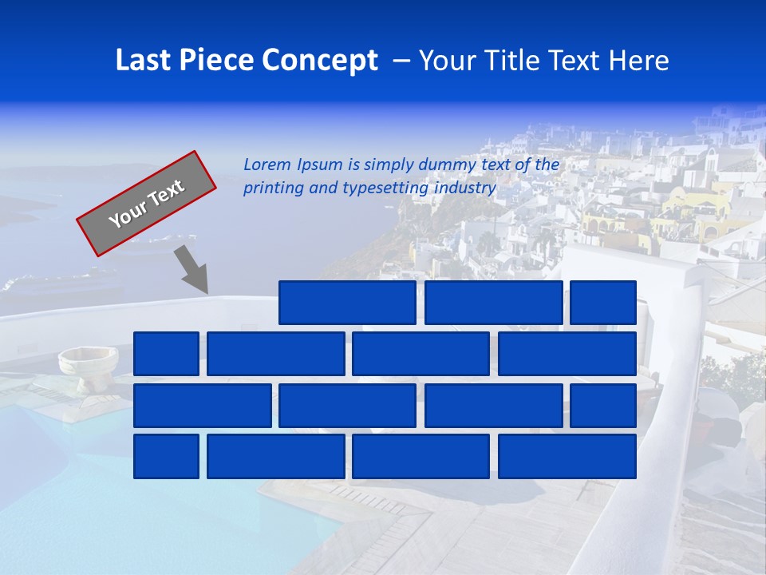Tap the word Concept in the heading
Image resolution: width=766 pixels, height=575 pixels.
pos(322,61)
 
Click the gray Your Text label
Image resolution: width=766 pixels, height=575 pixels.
pos(147,204)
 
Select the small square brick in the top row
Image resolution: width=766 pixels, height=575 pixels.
pos(603,303)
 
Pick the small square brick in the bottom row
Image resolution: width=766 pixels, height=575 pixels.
pos(166,457)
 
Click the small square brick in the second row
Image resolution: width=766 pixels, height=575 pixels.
pos(166,354)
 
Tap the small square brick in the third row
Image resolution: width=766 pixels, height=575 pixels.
pos(603,406)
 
